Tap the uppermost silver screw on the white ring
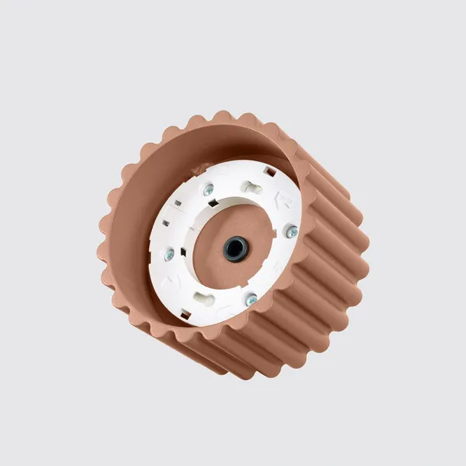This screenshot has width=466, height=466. point(208,189)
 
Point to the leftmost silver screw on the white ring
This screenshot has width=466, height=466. point(169,254)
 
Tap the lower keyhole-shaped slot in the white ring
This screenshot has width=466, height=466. point(204,297)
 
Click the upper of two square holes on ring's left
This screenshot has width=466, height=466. point(177,204)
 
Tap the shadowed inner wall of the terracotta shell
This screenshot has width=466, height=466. point(176,164)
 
